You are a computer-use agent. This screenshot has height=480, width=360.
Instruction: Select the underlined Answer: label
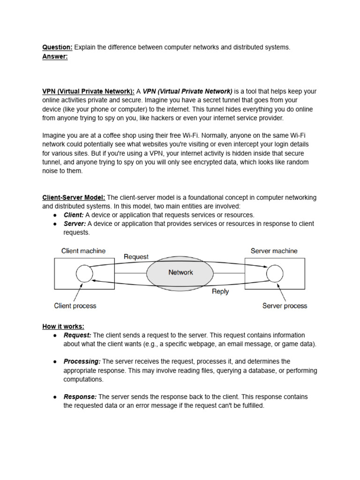[55, 56]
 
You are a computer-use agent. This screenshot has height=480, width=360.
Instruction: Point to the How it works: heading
[63, 326]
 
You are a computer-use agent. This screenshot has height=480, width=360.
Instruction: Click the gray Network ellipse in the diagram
[180, 272]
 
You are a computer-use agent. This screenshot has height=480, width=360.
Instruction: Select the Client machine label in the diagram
[83, 251]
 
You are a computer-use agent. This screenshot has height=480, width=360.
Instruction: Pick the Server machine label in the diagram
[274, 251]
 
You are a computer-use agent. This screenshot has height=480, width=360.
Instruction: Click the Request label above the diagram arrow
[136, 256]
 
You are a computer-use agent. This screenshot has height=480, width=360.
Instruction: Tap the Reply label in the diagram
[220, 291]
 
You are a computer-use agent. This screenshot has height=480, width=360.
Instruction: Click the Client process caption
[75, 306]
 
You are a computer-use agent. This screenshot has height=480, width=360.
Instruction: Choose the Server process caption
[285, 306]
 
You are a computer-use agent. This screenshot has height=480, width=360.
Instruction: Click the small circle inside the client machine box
[84, 274]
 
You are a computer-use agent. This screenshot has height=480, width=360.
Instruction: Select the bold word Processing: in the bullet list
[82, 361]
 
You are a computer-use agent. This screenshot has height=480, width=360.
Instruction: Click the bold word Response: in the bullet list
[80, 397]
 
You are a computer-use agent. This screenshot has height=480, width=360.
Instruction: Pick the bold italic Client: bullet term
[74, 215]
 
